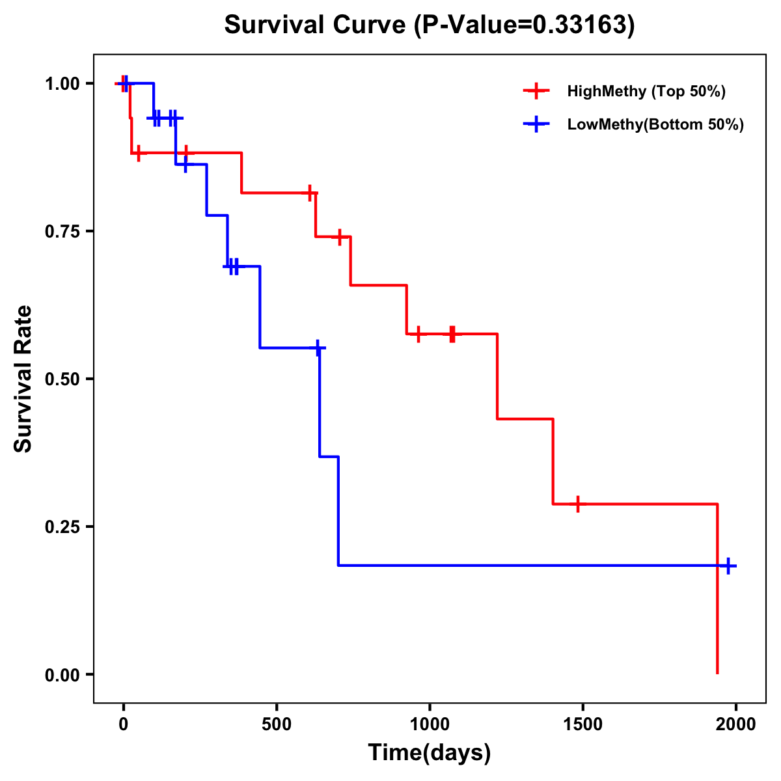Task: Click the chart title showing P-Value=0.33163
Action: (x=430, y=25)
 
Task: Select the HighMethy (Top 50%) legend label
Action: (x=646, y=91)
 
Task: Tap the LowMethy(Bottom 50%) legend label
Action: (x=655, y=124)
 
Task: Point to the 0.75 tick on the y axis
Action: (x=62, y=231)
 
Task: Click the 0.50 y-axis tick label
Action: (x=62, y=379)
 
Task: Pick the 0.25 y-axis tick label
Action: (x=62, y=527)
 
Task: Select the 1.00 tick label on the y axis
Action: (x=62, y=83)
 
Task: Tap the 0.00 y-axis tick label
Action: (x=62, y=674)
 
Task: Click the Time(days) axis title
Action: (x=430, y=753)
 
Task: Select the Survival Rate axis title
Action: (x=23, y=379)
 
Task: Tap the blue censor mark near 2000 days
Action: (x=728, y=566)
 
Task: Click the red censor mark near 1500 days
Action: (x=577, y=504)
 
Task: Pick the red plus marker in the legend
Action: (x=536, y=91)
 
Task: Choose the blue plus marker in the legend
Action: (x=536, y=124)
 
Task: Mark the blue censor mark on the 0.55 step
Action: (x=318, y=348)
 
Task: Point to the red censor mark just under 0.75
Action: (x=339, y=237)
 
